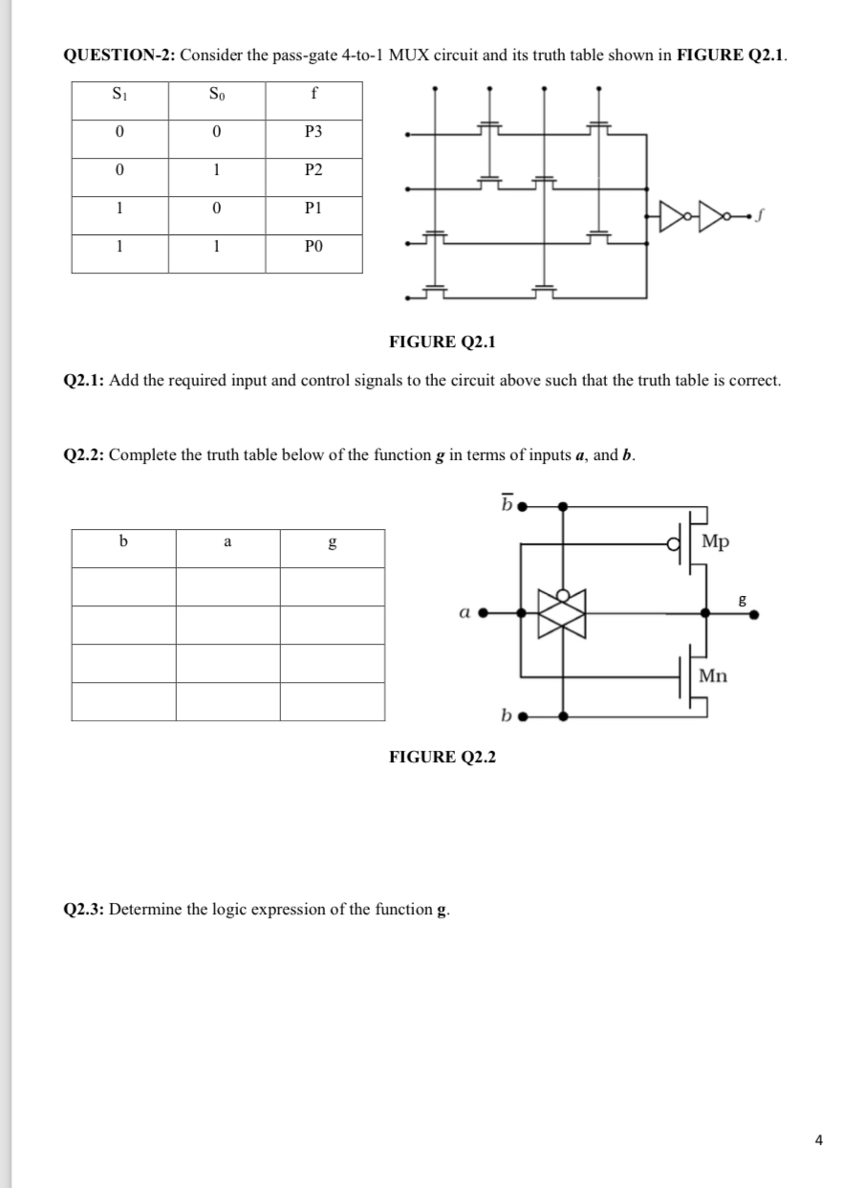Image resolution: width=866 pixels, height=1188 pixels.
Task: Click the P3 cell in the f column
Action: (314, 131)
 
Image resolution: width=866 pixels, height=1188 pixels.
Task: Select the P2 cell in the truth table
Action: (314, 170)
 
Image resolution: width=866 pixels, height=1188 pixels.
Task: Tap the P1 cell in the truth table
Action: (314, 209)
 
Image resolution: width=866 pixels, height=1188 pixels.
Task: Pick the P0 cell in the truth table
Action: (314, 246)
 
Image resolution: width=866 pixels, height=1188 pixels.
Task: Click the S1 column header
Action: (119, 95)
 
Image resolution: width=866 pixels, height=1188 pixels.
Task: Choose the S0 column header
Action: (217, 95)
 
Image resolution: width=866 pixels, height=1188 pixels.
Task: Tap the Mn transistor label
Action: (713, 675)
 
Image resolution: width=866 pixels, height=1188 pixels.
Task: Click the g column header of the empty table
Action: (332, 542)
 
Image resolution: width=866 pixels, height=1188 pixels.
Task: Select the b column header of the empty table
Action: (122, 542)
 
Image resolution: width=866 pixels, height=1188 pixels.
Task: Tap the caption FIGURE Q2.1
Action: (443, 341)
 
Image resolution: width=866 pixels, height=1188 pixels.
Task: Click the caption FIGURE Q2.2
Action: (443, 758)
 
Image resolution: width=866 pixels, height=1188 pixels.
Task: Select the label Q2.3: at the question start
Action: (84, 909)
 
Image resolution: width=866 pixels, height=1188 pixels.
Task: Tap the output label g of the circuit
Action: (743, 601)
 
